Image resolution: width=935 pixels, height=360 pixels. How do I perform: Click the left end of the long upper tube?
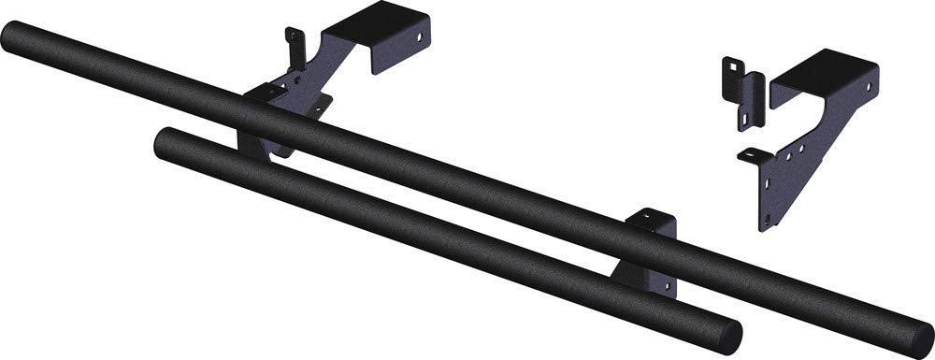[x=11, y=38]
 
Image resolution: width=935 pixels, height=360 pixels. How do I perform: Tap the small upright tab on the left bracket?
[x=295, y=47]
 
